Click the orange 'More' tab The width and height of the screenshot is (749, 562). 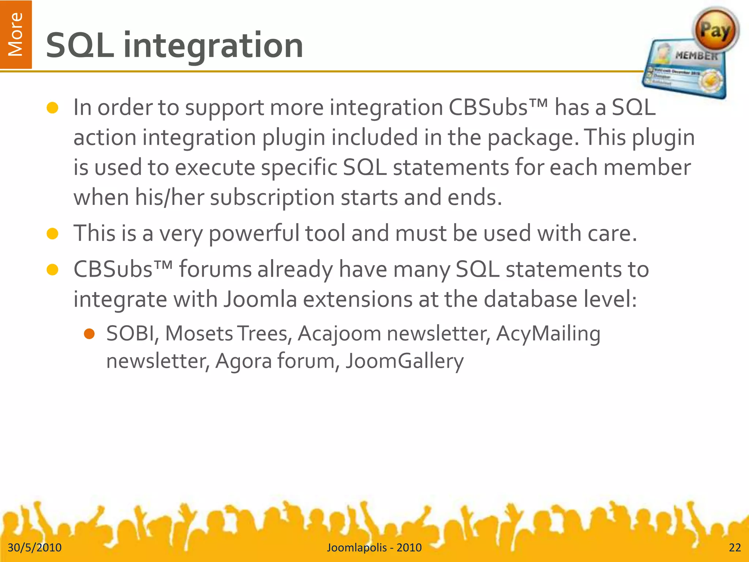pyautogui.click(x=16, y=34)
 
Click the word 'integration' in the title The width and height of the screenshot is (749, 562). pyautogui.click(x=213, y=45)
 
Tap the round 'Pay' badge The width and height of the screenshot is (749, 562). pyautogui.click(x=715, y=31)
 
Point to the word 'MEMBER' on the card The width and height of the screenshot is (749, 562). pyautogui.click(x=696, y=56)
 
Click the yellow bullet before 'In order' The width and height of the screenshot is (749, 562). pyautogui.click(x=53, y=108)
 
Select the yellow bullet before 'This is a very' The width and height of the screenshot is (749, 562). pyautogui.click(x=53, y=234)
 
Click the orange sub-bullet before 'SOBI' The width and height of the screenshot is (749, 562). pyautogui.click(x=89, y=334)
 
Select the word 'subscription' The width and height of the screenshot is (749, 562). pyautogui.click(x=272, y=198)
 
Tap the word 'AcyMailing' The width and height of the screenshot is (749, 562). pyautogui.click(x=548, y=334)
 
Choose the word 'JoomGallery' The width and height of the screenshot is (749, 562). pyautogui.click(x=404, y=361)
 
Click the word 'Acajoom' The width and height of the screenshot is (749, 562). pyautogui.click(x=339, y=334)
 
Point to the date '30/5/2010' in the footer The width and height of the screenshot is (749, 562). pyautogui.click(x=35, y=547)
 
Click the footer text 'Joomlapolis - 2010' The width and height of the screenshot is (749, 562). pyautogui.click(x=374, y=547)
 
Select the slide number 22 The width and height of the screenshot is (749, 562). pyautogui.click(x=735, y=547)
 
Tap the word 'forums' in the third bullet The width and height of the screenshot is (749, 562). pyautogui.click(x=215, y=269)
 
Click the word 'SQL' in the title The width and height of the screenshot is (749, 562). pyautogui.click(x=80, y=45)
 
